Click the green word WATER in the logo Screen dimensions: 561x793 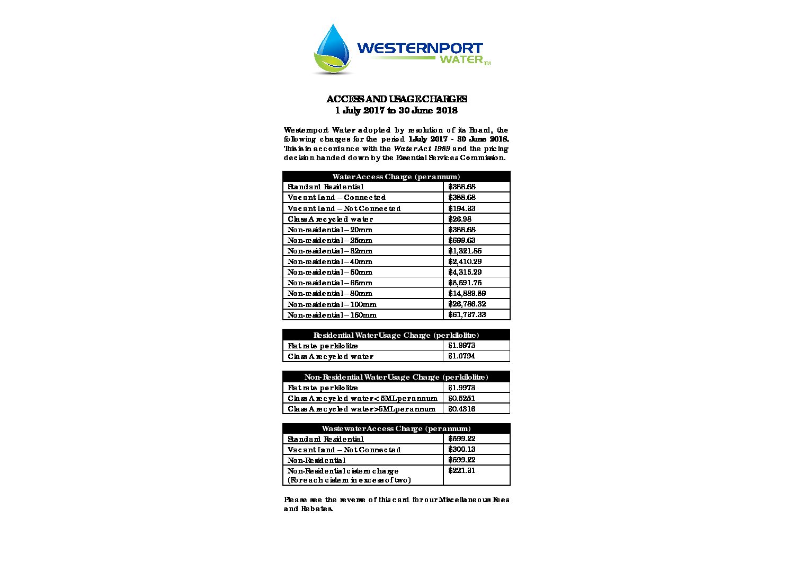[461, 59]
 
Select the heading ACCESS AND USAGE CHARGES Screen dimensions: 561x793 [396, 99]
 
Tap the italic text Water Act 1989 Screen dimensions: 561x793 [422, 148]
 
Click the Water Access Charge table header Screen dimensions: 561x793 [396, 177]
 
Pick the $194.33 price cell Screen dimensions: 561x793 [462, 208]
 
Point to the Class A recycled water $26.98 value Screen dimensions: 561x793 [460, 219]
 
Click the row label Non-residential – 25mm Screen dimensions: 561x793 [330, 240]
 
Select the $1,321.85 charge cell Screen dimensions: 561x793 [465, 251]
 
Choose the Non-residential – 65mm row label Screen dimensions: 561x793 [330, 283]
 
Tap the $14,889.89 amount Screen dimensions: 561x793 [467, 293]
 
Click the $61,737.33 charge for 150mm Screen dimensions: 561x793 [467, 314]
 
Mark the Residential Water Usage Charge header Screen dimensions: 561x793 [396, 335]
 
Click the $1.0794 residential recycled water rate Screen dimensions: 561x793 [462, 356]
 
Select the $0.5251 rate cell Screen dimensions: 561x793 [462, 398]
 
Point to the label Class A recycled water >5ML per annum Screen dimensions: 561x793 [361, 409]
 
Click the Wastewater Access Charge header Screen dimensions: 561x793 [396, 428]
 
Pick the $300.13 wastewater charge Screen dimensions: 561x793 [462, 450]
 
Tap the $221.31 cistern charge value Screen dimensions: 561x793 [462, 471]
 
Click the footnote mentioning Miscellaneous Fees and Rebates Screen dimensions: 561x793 [396, 504]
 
